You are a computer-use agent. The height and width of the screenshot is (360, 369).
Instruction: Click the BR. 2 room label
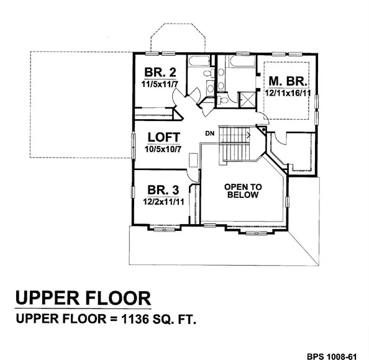click(160, 72)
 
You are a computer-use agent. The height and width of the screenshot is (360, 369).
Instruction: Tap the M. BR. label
click(288, 81)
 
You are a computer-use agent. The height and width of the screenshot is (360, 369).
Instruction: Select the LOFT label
click(164, 137)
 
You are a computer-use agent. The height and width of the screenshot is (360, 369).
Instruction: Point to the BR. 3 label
click(163, 190)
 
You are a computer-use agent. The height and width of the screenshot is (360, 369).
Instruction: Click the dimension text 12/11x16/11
click(288, 93)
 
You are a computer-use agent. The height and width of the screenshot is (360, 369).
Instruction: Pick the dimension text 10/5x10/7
click(163, 149)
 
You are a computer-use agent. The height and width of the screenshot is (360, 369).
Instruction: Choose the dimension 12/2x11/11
click(163, 202)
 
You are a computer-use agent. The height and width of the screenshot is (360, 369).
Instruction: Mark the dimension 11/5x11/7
click(159, 84)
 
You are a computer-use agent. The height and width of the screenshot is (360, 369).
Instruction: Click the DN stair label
click(210, 133)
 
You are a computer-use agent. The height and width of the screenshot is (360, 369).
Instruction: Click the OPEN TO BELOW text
click(243, 191)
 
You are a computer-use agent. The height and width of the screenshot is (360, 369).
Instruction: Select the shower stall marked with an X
click(247, 99)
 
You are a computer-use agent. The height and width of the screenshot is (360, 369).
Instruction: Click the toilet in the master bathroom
click(222, 100)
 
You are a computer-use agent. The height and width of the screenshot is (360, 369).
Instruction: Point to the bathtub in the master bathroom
click(242, 61)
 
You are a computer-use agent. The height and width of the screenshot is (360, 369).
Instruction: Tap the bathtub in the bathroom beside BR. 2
click(199, 61)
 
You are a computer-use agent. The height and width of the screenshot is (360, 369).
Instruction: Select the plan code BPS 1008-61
click(332, 356)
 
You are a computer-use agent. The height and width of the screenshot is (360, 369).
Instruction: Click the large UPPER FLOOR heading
click(83, 298)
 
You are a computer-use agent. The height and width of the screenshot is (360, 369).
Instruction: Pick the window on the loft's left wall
click(134, 146)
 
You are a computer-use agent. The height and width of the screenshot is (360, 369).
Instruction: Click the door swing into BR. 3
click(192, 174)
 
